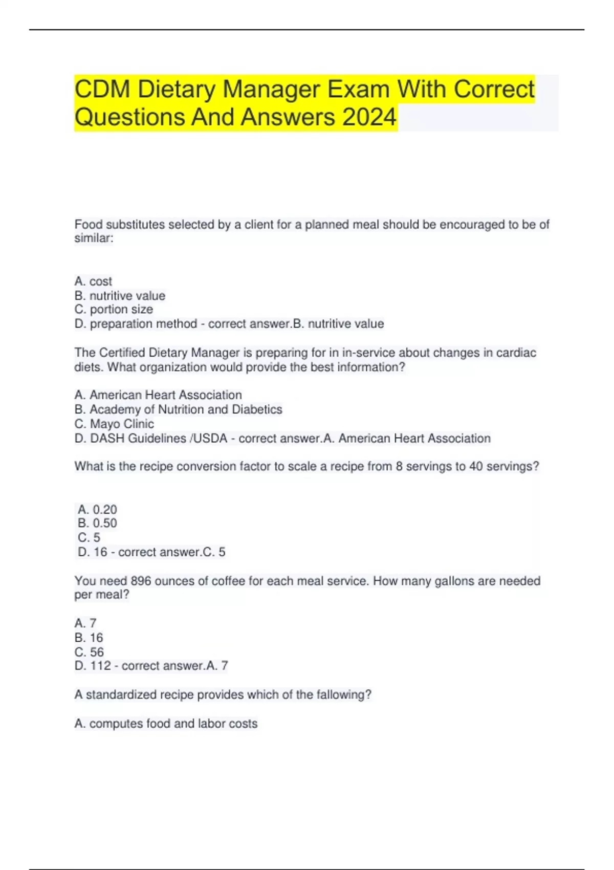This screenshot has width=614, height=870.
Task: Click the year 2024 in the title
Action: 369,117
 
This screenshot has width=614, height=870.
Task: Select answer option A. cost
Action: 93,281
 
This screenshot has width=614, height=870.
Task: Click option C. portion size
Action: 114,309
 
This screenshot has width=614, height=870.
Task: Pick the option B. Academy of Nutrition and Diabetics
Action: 178,409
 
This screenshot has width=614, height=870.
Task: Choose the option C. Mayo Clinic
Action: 114,424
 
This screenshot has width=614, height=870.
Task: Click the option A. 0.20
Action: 97,509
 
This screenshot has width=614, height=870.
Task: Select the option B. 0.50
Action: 97,523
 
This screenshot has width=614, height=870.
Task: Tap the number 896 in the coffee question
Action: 141,581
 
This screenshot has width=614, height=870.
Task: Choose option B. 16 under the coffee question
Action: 89,638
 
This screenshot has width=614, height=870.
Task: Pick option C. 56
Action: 89,652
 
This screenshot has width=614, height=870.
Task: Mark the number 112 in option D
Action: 100,666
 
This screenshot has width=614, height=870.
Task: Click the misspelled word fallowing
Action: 344,694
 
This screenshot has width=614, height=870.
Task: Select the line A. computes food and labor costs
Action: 166,723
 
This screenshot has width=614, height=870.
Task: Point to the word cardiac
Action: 516,353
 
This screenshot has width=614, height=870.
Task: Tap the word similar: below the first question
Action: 94,238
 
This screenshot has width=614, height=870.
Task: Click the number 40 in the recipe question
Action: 476,466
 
